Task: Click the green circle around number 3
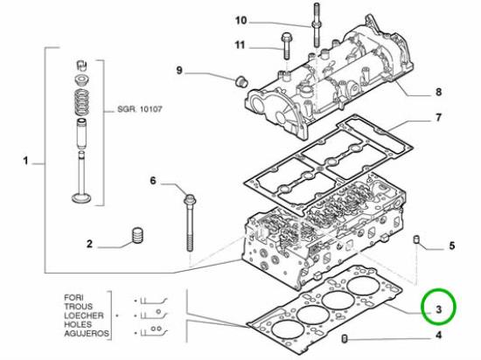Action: pyautogui.click(x=422, y=307)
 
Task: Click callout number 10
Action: pyautogui.click(x=240, y=21)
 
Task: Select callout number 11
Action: pyautogui.click(x=240, y=45)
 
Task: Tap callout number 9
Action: pyautogui.click(x=179, y=71)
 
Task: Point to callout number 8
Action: pyautogui.click(x=438, y=92)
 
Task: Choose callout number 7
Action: pyautogui.click(x=438, y=117)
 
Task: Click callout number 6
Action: pyautogui.click(x=153, y=181)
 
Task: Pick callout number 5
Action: pyautogui.click(x=451, y=246)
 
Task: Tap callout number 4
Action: pyautogui.click(x=439, y=336)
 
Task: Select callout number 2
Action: pyautogui.click(x=89, y=244)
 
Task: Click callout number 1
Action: pyautogui.click(x=26, y=161)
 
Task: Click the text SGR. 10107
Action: pyautogui.click(x=140, y=109)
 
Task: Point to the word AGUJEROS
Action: pyautogui.click(x=87, y=333)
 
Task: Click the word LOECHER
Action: pyautogui.click(x=84, y=315)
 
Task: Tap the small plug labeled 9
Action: pyautogui.click(x=241, y=80)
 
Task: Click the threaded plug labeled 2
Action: pyautogui.click(x=138, y=236)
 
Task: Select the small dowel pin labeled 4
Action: pyautogui.click(x=345, y=339)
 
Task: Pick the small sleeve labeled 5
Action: pyautogui.click(x=416, y=239)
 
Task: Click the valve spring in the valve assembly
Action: pyautogui.click(x=81, y=102)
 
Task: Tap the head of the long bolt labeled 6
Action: pyautogui.click(x=190, y=199)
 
